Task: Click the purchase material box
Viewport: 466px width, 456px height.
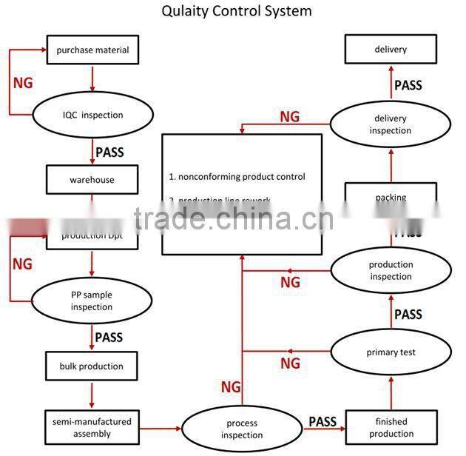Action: (92, 50)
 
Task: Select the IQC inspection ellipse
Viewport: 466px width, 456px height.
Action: (92, 115)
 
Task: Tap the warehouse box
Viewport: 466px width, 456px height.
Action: (92, 180)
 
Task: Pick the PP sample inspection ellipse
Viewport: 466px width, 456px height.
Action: (92, 301)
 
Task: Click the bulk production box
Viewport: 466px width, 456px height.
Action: (92, 366)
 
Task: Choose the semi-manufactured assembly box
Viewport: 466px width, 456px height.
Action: (92, 427)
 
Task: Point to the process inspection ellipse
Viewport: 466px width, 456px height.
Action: (243, 429)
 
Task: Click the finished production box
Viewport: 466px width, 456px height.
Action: (391, 428)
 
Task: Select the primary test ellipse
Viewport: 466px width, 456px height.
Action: (391, 352)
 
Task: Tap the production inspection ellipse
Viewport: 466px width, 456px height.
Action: (391, 270)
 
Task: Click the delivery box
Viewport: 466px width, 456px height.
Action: (391, 50)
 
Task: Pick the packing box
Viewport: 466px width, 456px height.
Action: (391, 198)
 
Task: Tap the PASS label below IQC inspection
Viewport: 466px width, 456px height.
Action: (109, 152)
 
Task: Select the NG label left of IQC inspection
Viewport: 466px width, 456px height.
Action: (23, 82)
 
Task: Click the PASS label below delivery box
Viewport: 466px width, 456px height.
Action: (408, 85)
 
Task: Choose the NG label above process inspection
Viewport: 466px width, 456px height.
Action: (231, 386)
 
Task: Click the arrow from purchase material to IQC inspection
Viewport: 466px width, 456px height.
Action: (92, 77)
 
